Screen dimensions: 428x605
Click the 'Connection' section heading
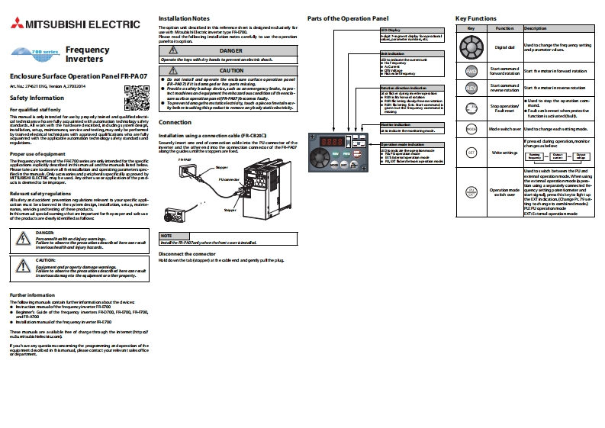tap(175, 122)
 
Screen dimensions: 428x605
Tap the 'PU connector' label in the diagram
tap(229, 179)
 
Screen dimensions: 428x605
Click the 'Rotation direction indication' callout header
tap(404, 88)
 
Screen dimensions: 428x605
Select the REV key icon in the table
tap(471, 88)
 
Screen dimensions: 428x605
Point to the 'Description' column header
tap(536, 27)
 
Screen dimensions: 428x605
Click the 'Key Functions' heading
tap(476, 18)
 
